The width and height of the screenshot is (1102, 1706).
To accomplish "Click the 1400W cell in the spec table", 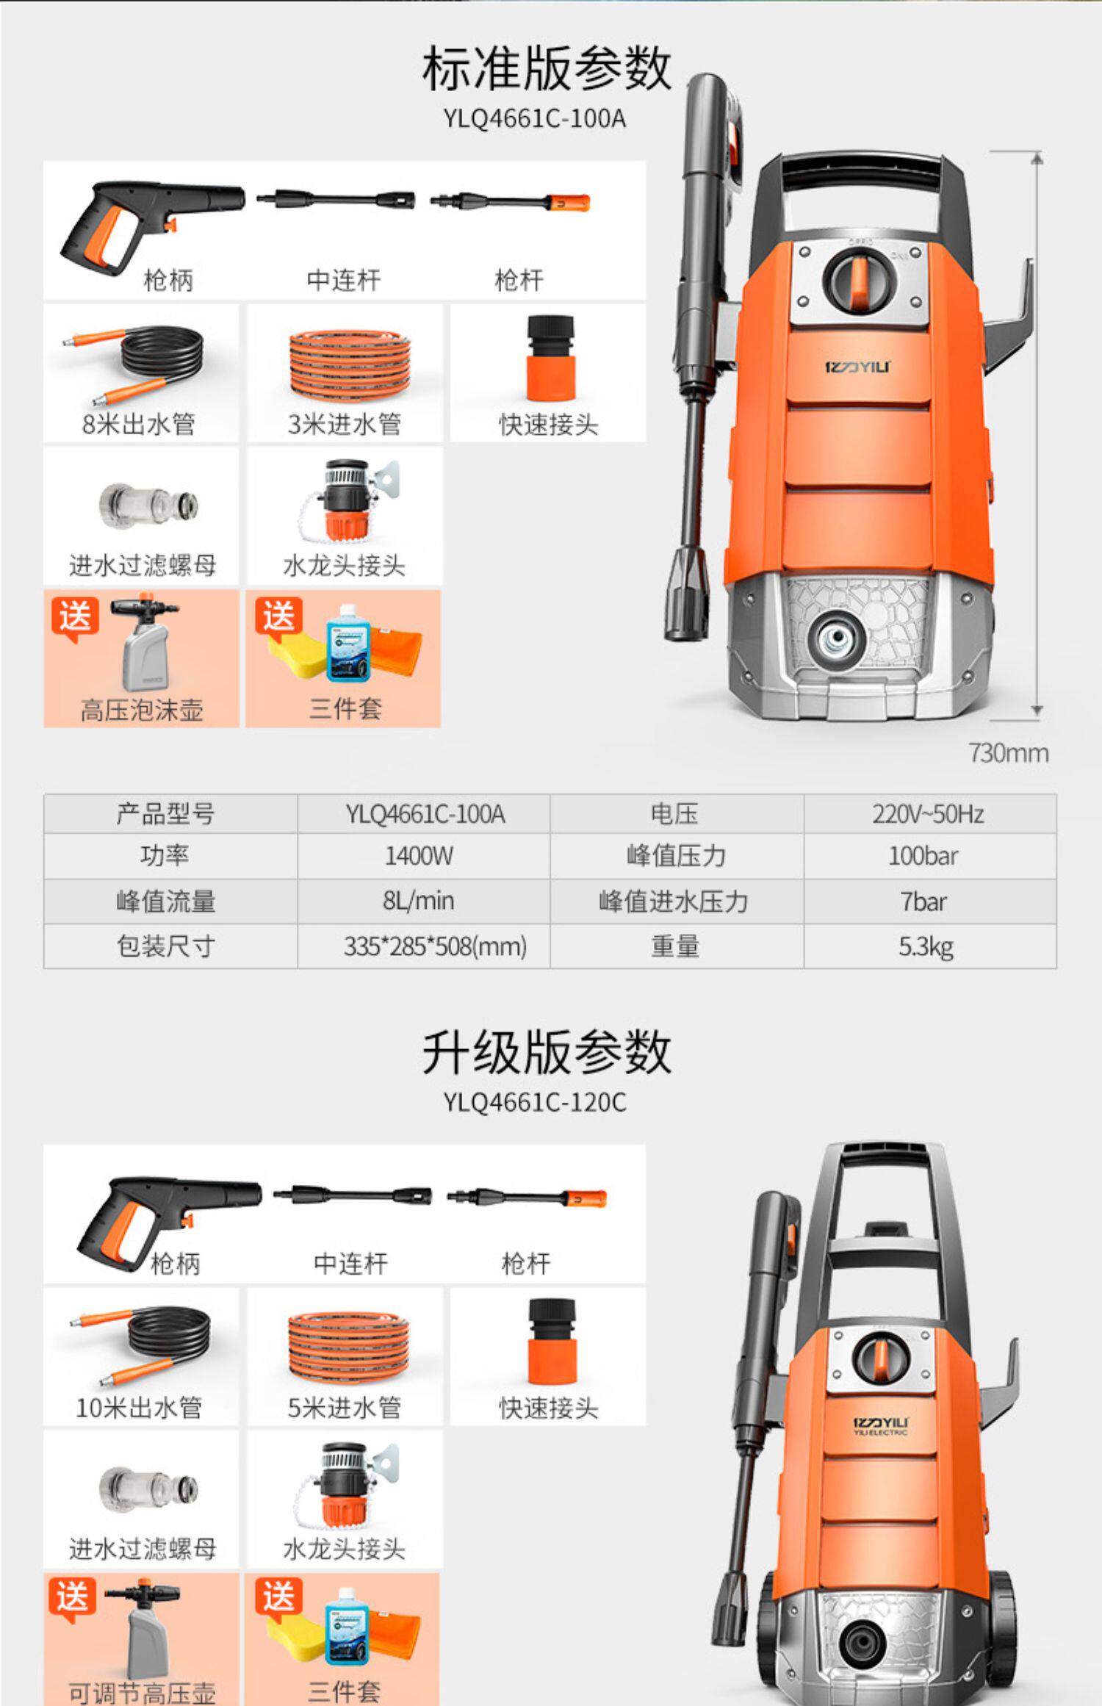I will [x=419, y=856].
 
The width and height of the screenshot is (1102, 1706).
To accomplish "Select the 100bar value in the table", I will [x=923, y=856].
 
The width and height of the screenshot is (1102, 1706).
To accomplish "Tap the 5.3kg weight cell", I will [x=926, y=946].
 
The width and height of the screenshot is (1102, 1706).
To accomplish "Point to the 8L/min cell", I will [x=419, y=901].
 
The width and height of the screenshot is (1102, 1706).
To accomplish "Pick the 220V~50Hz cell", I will [x=928, y=814].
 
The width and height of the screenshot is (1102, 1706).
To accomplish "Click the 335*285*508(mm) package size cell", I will [x=435, y=946].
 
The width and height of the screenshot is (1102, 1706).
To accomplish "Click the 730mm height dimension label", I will [x=1008, y=753].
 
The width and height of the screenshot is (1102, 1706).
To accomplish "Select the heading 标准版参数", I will [x=547, y=68].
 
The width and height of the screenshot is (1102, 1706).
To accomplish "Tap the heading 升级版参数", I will [x=547, y=1052].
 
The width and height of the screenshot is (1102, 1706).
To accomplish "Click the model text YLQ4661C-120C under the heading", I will [x=535, y=1103].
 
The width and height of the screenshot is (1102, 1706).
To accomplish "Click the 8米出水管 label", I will [x=139, y=424].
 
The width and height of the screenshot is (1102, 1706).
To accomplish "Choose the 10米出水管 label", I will [x=139, y=1408].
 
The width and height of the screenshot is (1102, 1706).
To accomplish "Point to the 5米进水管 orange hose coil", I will [x=347, y=1344].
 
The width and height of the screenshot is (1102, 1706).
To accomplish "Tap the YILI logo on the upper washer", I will [x=857, y=366].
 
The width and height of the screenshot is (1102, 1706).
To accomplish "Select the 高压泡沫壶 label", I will [x=141, y=710].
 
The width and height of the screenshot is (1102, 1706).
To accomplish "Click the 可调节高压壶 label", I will [x=142, y=1693].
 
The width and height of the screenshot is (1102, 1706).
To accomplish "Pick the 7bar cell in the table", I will [x=923, y=901].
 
